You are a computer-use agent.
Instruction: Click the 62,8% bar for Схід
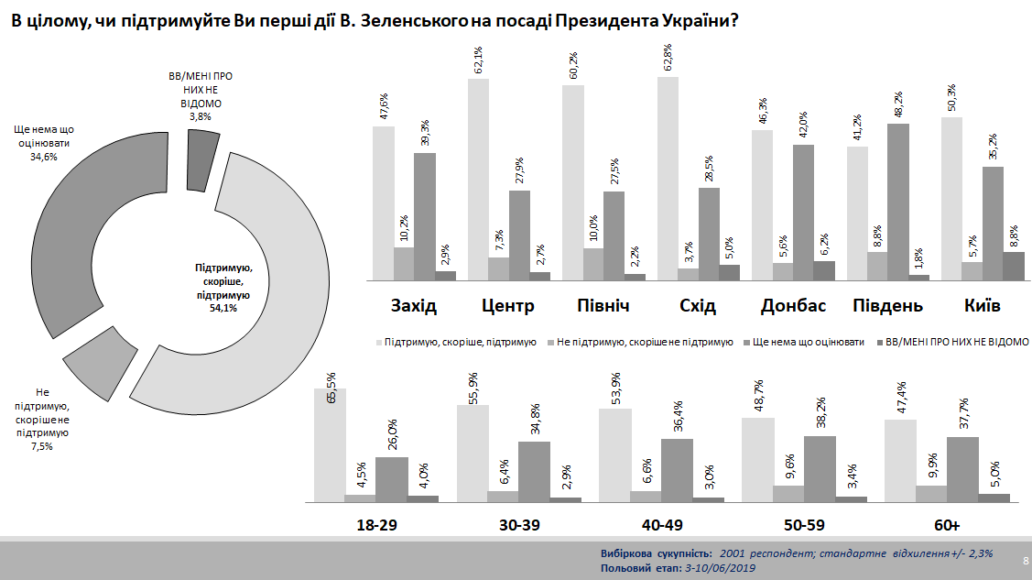668,179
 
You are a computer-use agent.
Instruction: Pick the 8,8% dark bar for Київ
988,266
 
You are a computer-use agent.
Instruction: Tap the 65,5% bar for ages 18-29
330,444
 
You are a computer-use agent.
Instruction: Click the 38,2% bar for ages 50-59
820,468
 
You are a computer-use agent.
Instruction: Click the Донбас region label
793,306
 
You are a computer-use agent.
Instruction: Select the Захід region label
414,306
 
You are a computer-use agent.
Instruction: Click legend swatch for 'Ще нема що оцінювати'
744,342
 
